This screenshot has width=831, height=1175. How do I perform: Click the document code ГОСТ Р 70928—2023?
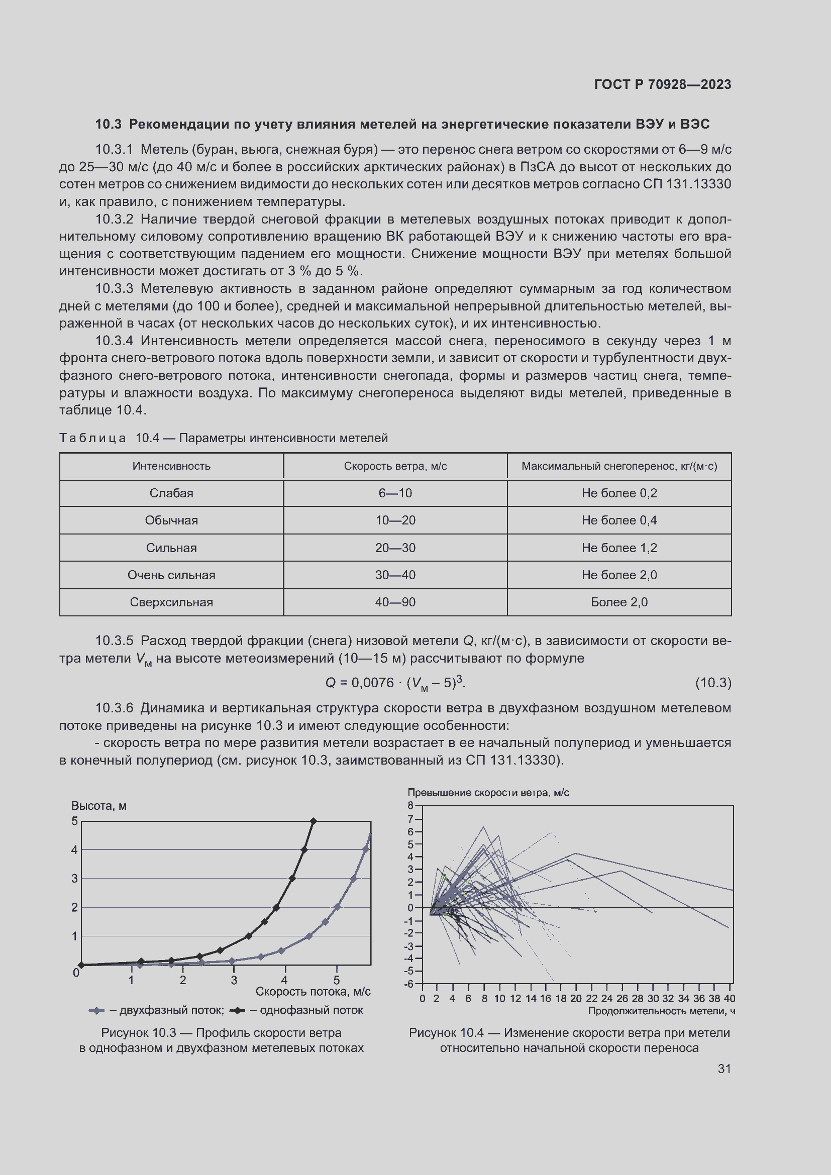tap(662, 84)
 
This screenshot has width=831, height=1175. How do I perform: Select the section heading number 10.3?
tap(108, 125)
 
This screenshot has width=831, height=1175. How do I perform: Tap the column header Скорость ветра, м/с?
tap(395, 466)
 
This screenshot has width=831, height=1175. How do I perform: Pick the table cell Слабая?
tap(171, 493)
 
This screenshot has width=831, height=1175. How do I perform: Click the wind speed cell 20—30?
tap(395, 548)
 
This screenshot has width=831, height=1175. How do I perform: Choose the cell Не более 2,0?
tap(618, 575)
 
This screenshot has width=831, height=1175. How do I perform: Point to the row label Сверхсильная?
tap(171, 602)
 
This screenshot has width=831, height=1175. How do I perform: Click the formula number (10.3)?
tap(713, 683)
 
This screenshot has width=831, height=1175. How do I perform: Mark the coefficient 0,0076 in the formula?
tap(372, 683)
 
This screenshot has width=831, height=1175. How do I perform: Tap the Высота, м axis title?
tap(99, 805)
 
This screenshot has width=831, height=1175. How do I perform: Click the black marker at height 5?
tap(314, 821)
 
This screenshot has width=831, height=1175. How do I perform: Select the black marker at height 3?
tap(292, 878)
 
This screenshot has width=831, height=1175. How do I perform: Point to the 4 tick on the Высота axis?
tap(75, 850)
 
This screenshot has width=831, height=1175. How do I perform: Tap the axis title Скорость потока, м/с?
tap(313, 991)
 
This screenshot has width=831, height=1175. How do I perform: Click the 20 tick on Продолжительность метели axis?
tap(576, 999)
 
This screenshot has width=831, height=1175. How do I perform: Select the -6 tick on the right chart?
tap(409, 984)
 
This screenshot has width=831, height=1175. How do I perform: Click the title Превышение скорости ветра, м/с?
tap(488, 793)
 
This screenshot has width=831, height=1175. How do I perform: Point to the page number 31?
tap(724, 1069)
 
